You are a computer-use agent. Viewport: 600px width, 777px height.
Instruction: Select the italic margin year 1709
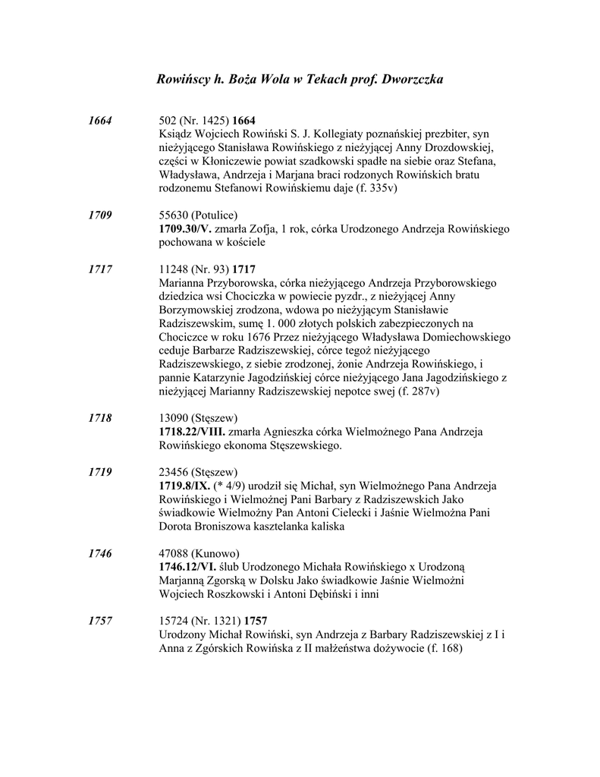pyautogui.click(x=100, y=215)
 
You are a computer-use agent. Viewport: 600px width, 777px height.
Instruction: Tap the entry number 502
pyautogui.click(x=168, y=121)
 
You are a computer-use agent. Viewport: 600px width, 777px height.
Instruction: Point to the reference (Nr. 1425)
pyautogui.click(x=204, y=121)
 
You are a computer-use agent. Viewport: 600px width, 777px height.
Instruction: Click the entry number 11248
pyautogui.click(x=174, y=269)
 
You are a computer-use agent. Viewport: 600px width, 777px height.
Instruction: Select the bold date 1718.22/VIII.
pyautogui.click(x=193, y=432)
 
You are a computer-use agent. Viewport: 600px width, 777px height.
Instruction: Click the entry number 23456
pyautogui.click(x=174, y=472)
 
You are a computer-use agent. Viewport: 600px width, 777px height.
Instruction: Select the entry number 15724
pyautogui.click(x=174, y=621)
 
